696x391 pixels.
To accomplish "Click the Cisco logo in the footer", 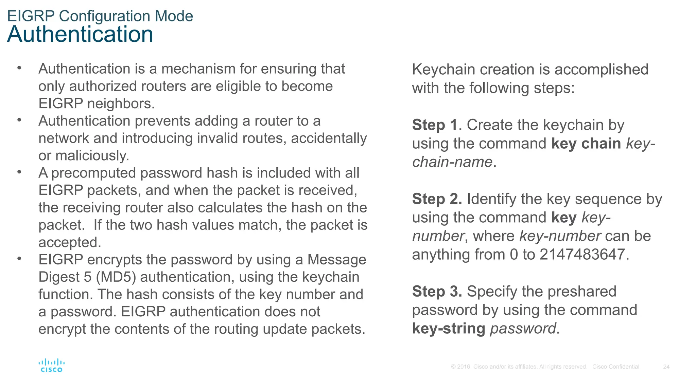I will [x=51, y=366].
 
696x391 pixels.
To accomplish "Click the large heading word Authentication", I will [x=80, y=34].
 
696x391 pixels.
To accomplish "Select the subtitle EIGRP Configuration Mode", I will [x=100, y=16].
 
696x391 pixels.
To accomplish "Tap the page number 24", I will [x=666, y=367].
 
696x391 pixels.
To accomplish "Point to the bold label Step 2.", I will [x=437, y=199].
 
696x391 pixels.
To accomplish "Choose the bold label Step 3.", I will [x=437, y=292].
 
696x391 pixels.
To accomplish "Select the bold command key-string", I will [x=449, y=329].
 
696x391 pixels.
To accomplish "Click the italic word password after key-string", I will [x=523, y=329].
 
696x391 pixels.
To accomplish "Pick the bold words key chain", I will [x=586, y=143].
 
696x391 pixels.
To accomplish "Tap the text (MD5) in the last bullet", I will [x=116, y=277].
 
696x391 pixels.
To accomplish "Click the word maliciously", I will [x=92, y=156].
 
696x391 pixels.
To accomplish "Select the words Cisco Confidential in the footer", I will [x=615, y=367].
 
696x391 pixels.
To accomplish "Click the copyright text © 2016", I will [x=460, y=367].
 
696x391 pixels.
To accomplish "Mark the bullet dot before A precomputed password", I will [x=19, y=172].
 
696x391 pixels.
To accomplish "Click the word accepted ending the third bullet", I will [x=69, y=242].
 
